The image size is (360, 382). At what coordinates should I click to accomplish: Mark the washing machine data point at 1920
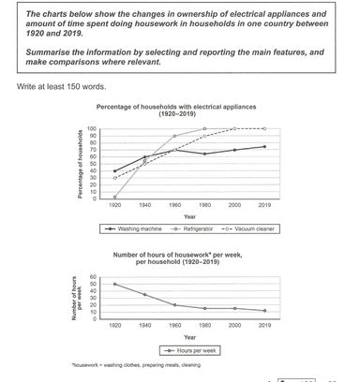tap(114, 171)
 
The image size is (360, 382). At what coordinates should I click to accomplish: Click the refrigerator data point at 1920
tap(114, 197)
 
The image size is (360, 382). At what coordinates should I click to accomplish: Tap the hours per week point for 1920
tap(114, 284)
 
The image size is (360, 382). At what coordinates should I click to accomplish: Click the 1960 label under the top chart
tap(174, 204)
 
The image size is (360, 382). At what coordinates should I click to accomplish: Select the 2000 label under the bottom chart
tap(234, 326)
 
